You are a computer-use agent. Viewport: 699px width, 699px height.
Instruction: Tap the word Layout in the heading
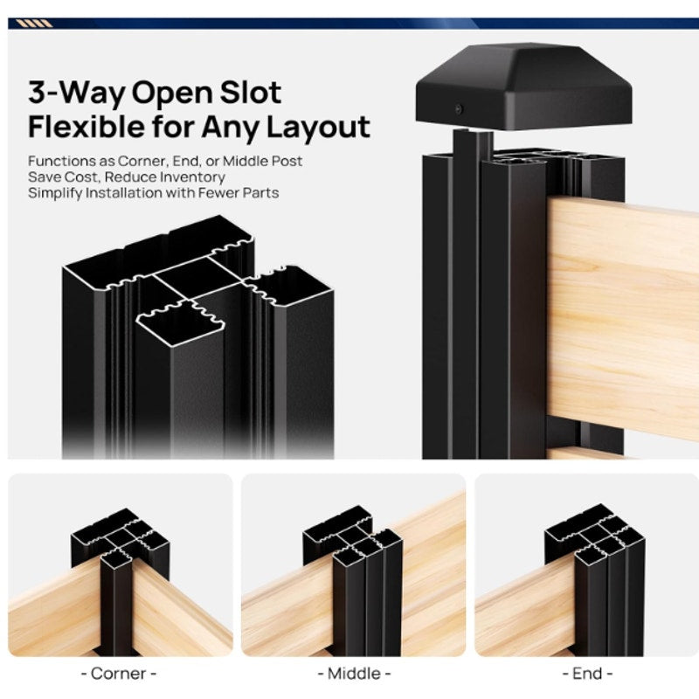tap(318, 128)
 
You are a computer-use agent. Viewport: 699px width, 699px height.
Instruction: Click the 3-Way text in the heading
tap(76, 93)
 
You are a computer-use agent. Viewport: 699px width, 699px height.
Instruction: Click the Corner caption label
tap(119, 673)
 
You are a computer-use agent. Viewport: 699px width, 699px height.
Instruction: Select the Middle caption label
tap(354, 673)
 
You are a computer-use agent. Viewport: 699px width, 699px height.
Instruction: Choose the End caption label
tap(587, 673)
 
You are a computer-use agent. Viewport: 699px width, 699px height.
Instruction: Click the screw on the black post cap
tap(460, 108)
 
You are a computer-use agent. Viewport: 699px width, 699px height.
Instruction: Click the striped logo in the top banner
tap(34, 24)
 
